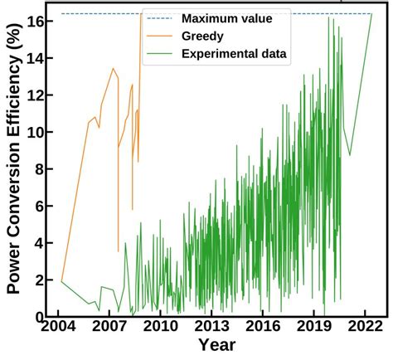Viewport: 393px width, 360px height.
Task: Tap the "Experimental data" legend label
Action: [x=235, y=54]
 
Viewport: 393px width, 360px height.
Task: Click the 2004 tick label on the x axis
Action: [x=59, y=326]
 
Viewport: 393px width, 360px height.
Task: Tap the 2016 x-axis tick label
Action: [x=263, y=326]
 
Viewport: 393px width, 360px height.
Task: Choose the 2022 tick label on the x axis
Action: [x=365, y=326]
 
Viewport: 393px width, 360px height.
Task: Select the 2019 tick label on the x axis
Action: [x=313, y=326]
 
